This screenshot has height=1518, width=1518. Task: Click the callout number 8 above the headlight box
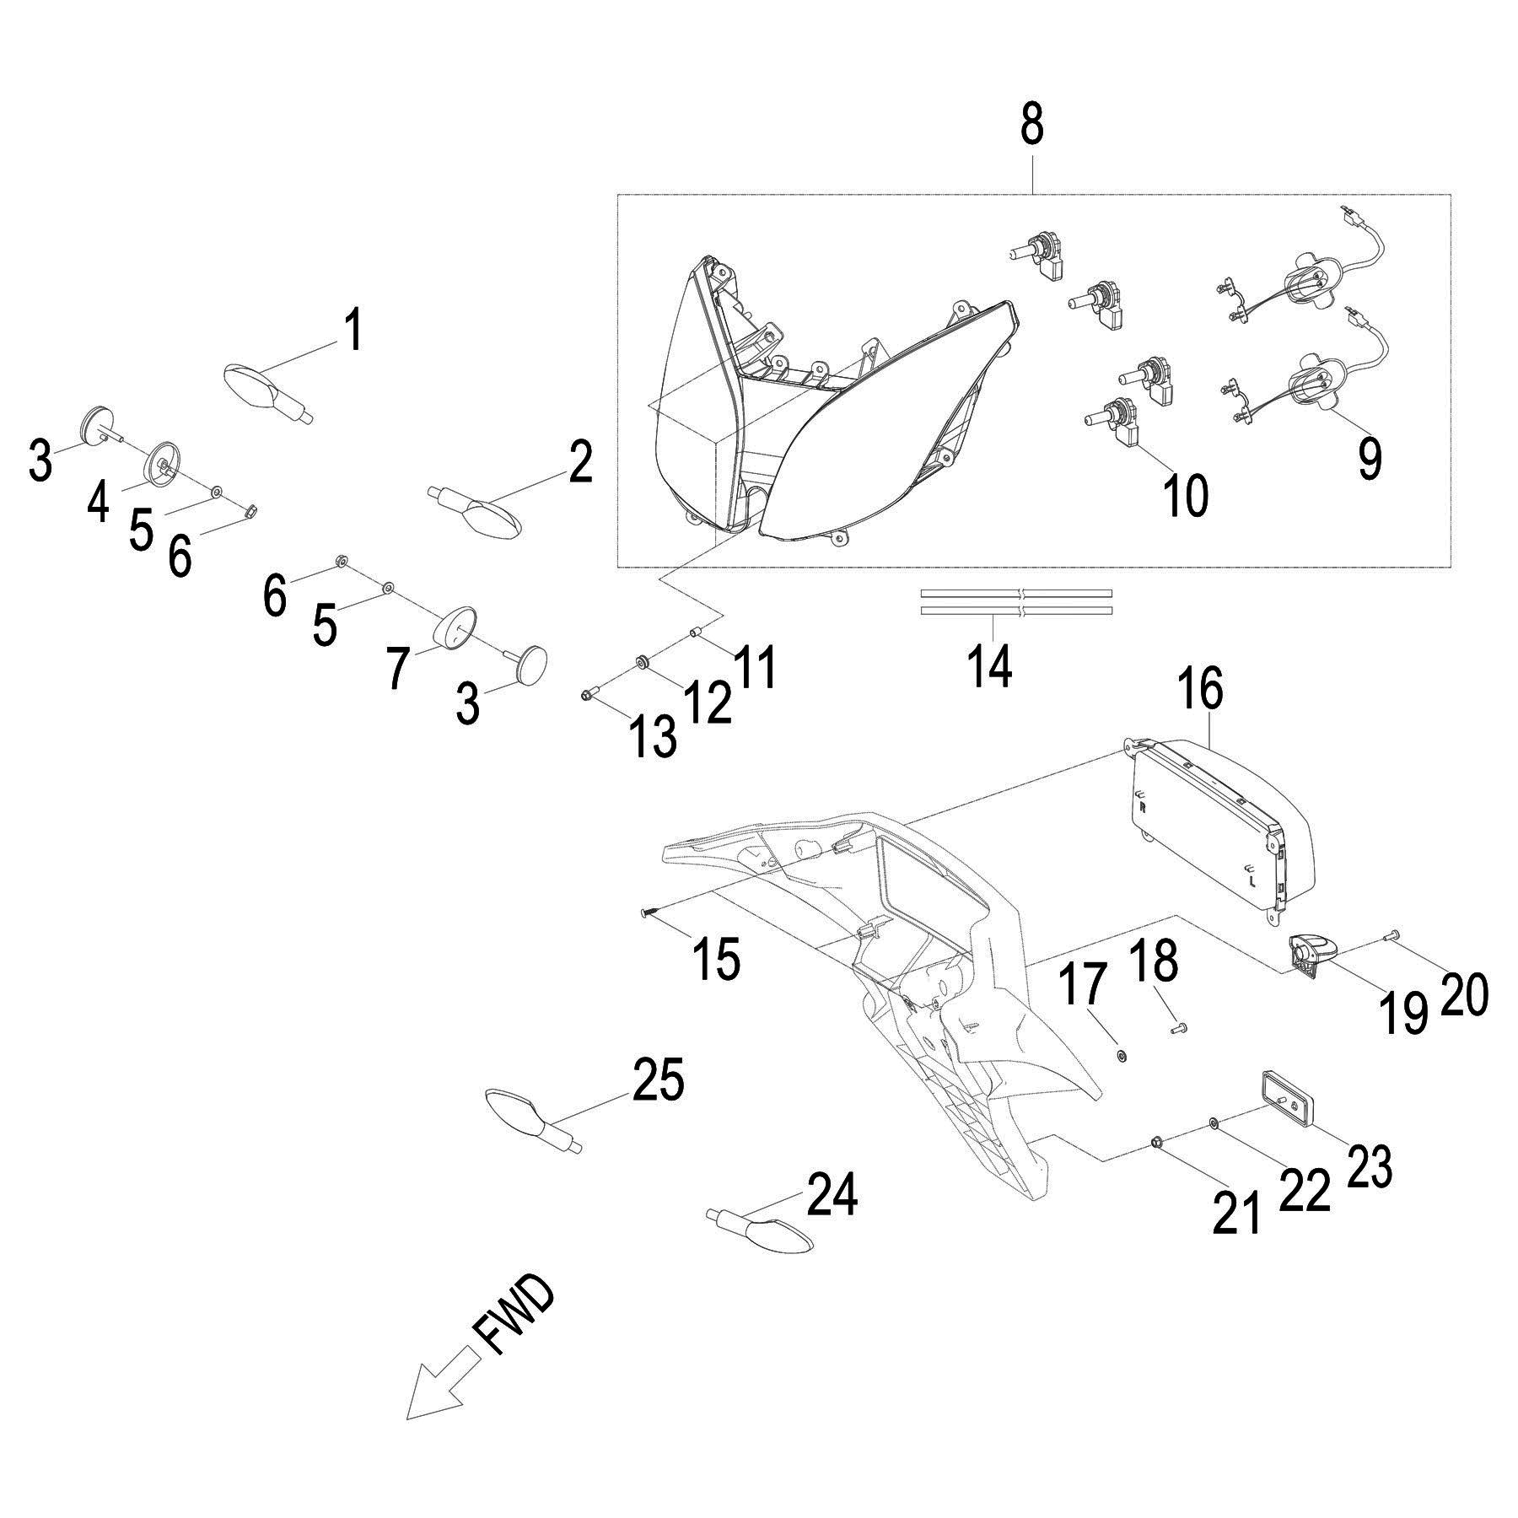point(1031,125)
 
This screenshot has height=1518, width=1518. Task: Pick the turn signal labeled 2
point(485,514)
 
